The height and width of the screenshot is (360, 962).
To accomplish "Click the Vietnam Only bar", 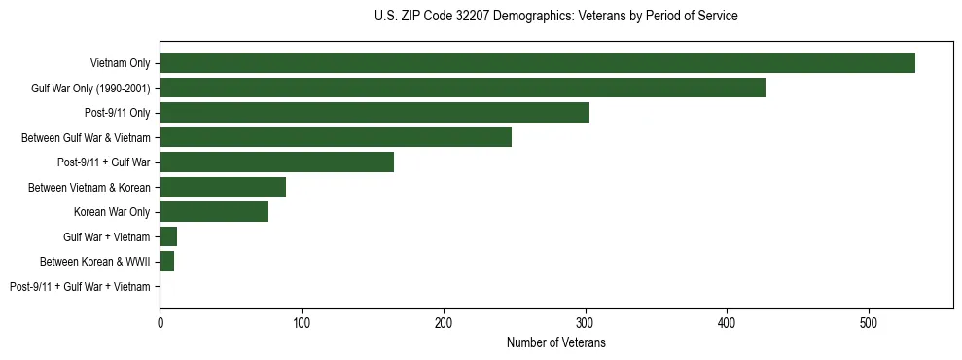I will pos(537,63).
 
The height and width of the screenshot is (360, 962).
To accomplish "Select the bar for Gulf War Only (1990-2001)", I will pos(462,88).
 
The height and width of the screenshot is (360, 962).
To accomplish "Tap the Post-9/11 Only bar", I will pos(374,113).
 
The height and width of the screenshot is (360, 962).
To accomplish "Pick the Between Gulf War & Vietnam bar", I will pos(336,137).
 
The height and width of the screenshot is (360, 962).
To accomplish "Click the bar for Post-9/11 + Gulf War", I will pos(276,162).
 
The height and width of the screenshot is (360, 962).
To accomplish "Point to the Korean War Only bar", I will pos(214,212).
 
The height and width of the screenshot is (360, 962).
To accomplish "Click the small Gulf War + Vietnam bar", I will pos(168,236).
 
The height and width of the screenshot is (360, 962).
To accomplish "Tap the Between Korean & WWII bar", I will pos(166,262).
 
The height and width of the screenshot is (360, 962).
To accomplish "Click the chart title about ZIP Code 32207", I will pos(555,17).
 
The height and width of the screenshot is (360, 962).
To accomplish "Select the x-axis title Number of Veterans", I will pos(555,343).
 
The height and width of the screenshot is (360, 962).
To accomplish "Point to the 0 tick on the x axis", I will pos(160,322).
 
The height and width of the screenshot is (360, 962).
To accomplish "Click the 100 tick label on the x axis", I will pos(302,322).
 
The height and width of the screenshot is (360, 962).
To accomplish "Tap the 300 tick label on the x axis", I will pos(585,322).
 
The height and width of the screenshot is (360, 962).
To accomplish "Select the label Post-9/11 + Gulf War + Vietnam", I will pos(80,287).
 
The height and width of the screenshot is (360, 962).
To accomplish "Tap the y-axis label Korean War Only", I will pos(112,212).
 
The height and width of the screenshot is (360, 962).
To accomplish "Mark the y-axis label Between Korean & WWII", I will pos(94,262).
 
